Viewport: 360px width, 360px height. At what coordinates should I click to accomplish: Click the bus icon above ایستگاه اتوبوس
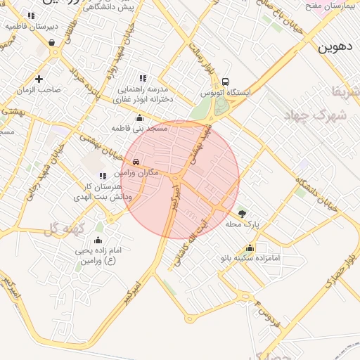pos(225,82)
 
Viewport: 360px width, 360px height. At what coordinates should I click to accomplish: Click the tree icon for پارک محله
pos(243,213)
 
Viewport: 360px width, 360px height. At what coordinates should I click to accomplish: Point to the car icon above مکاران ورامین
pos(136,162)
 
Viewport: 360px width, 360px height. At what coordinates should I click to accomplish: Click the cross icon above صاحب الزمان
pos(39,79)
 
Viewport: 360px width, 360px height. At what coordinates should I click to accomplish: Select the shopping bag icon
pos(52,42)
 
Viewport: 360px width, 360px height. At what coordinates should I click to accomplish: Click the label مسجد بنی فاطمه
pos(140,129)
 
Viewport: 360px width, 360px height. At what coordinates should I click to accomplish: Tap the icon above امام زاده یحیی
pos(98,240)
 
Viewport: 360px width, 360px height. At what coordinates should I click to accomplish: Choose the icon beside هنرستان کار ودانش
pos(103,176)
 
